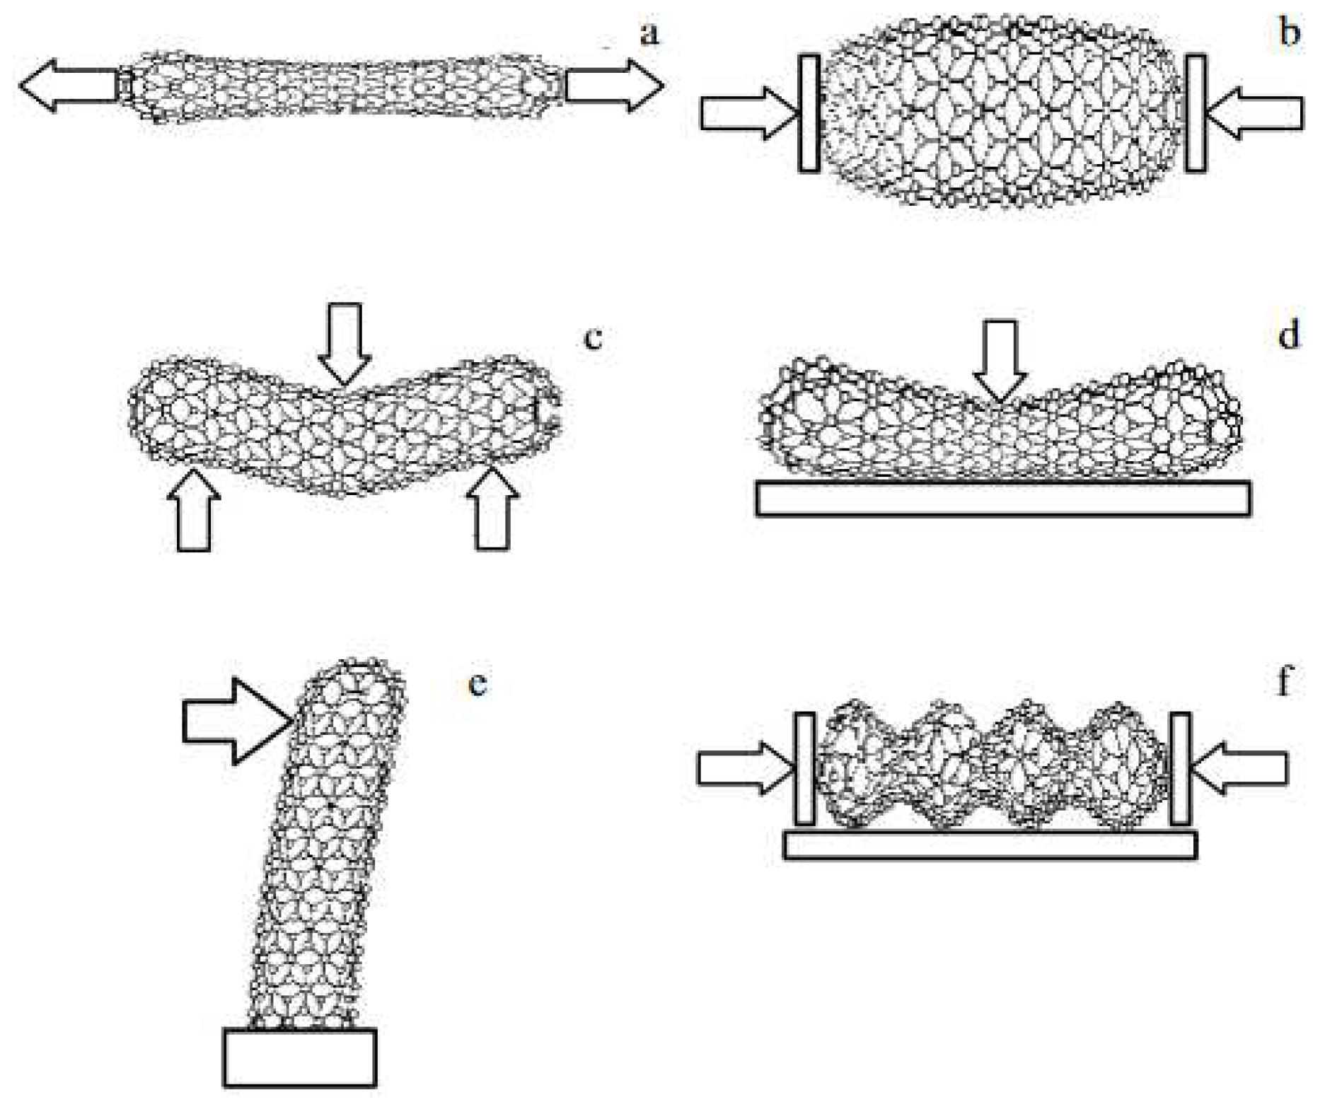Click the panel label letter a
[648, 33]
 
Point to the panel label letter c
[593, 338]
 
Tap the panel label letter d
[1288, 334]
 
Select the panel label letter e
[478, 683]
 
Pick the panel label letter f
[1285, 680]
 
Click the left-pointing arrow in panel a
[67, 86]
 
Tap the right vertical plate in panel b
[1196, 113]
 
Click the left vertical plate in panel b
[809, 113]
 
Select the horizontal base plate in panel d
[1002, 498]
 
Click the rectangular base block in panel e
[300, 1057]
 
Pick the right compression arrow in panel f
[1239, 768]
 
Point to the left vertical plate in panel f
[805, 768]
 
